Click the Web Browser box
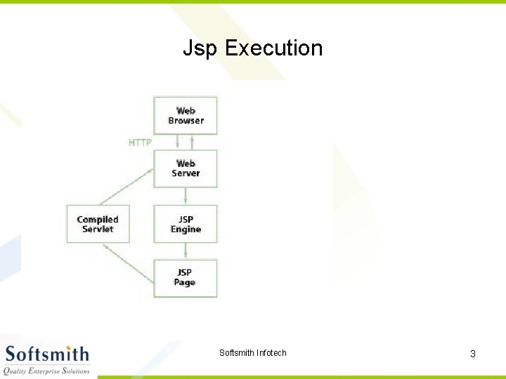pyautogui.click(x=186, y=116)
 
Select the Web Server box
pyautogui.click(x=186, y=168)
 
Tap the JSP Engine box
pyautogui.click(x=186, y=224)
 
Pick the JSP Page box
pyautogui.click(x=186, y=278)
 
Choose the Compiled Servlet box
pyautogui.click(x=98, y=224)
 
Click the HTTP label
pyautogui.click(x=140, y=142)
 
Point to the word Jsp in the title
pyautogui.click(x=200, y=48)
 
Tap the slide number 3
pyautogui.click(x=473, y=354)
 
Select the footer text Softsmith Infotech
pyautogui.click(x=253, y=353)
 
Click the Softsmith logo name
pyautogui.click(x=47, y=353)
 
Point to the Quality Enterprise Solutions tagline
pyautogui.click(x=47, y=371)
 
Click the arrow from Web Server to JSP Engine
pyautogui.click(x=186, y=196)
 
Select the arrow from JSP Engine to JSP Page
pyautogui.click(x=186, y=251)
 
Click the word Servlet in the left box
pyautogui.click(x=98, y=230)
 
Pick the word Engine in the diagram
pyautogui.click(x=186, y=230)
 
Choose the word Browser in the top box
pyautogui.click(x=186, y=121)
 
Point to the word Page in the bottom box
pyautogui.click(x=185, y=283)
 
